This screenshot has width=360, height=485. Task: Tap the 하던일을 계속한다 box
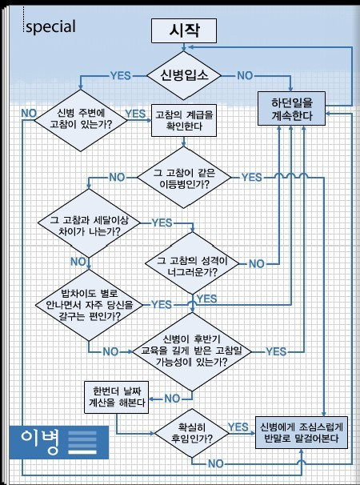292,110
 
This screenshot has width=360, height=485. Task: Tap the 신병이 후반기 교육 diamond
192,351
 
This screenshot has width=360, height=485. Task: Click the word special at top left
50,26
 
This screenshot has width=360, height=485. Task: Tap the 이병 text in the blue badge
40,440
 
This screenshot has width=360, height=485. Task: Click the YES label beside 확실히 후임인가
238,426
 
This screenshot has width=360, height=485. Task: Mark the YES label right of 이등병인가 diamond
251,175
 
